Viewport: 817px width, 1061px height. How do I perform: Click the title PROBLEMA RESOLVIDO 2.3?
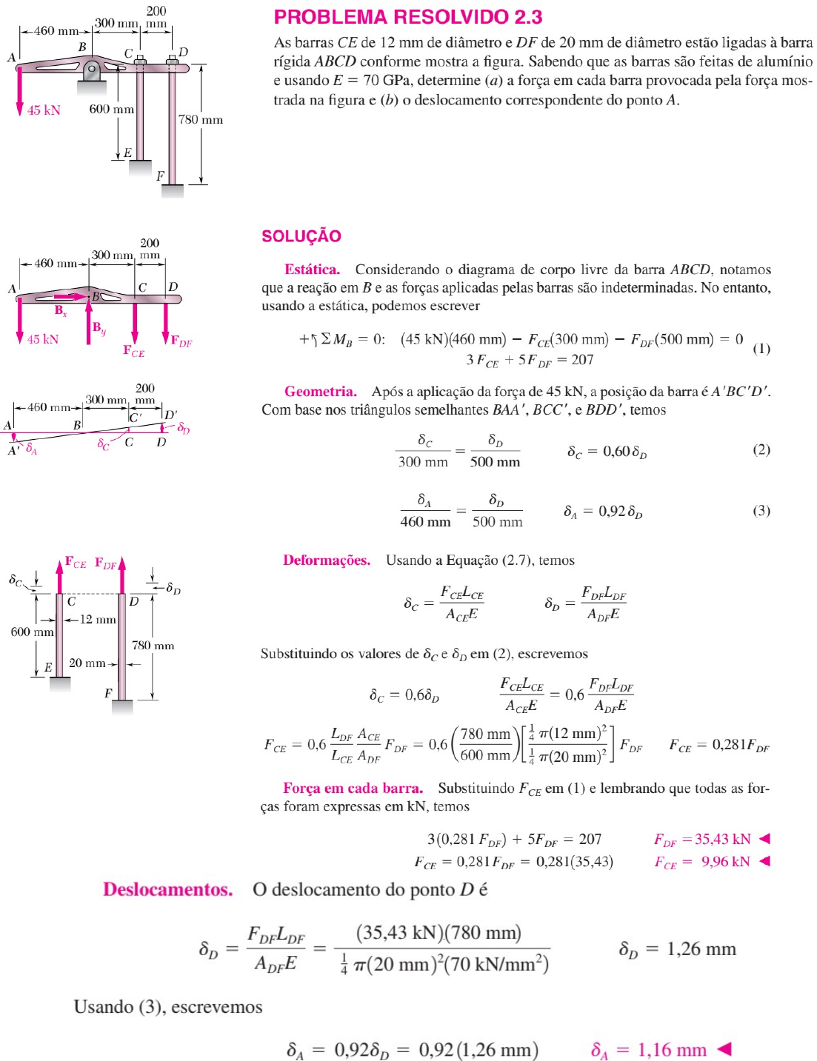408,17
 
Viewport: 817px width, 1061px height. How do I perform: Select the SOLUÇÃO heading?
301,236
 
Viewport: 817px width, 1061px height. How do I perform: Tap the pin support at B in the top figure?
91,72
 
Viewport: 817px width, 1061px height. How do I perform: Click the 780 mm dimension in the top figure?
200,119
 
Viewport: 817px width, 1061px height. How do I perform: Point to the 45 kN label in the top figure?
44,110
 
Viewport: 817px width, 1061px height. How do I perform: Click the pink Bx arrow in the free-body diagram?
71,297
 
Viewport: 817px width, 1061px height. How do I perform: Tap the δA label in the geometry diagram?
31,449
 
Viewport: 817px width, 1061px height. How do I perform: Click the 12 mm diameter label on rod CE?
97,620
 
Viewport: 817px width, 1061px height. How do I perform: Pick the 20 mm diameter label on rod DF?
87,663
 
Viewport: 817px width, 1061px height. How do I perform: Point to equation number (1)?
761,348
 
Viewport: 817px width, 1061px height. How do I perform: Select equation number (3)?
761,510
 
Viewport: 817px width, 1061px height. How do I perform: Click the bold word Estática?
312,270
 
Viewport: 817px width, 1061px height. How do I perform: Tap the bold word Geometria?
320,391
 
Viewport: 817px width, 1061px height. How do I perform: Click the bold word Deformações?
326,560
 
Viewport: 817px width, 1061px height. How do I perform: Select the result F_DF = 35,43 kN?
702,839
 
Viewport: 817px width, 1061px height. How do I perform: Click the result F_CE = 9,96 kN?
702,861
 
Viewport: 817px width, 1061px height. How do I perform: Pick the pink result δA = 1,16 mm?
649,1049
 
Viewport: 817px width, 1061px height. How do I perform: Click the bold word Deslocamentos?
167,889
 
